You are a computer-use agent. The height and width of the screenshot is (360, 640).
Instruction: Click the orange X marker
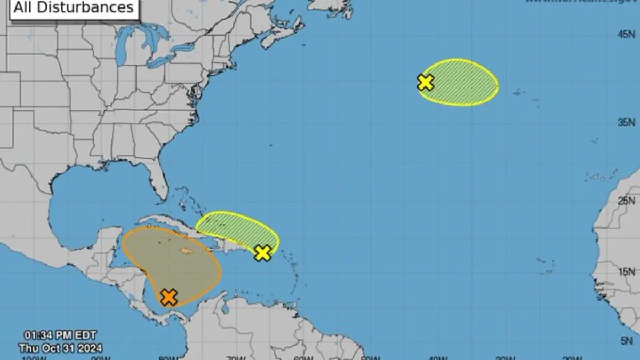(169, 297)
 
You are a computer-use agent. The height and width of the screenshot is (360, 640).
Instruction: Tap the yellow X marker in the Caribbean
(262, 253)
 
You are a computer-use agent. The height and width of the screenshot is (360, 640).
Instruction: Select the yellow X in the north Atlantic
(425, 82)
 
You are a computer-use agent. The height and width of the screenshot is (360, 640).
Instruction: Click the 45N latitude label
(626, 35)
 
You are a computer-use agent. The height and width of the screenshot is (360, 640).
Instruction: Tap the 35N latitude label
(626, 123)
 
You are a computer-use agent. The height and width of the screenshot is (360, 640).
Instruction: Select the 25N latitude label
(626, 201)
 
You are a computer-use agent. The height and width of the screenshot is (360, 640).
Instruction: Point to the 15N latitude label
(626, 273)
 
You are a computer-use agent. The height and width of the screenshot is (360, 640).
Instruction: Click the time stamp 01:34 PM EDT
(60, 335)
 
